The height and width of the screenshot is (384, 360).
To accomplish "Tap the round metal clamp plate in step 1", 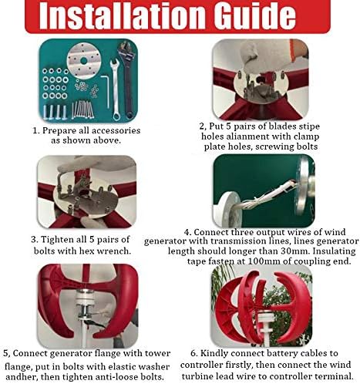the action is tap(83, 61).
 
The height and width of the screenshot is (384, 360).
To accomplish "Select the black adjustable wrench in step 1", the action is tap(126, 79).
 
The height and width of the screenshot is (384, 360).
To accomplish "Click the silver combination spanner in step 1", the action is tap(115, 89).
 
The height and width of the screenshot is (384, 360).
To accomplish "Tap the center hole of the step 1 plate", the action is tap(83, 61).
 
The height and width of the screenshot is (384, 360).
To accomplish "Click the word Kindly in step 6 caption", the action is tap(214, 353).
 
